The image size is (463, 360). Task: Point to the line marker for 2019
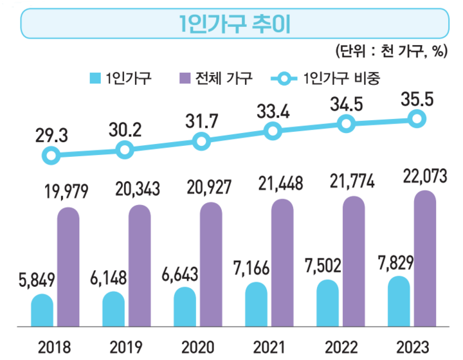(x=125, y=150)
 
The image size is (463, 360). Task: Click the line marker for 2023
(x=417, y=119)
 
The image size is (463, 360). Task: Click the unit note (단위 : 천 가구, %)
(x=391, y=52)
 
